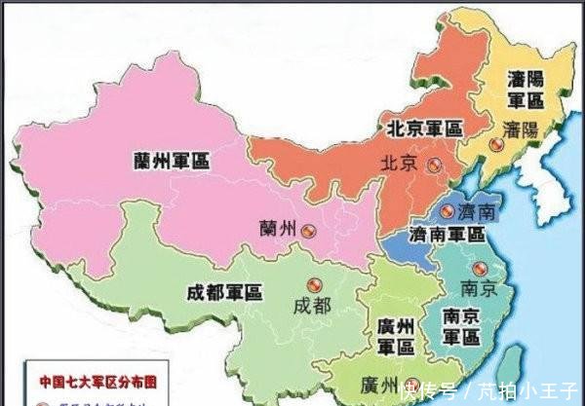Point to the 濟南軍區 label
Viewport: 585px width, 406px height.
(x=447, y=235)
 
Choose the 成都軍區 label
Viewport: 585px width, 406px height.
(x=224, y=289)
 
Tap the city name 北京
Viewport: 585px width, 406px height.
(x=400, y=163)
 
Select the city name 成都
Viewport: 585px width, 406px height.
(x=311, y=305)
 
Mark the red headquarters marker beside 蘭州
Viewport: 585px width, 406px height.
(x=308, y=231)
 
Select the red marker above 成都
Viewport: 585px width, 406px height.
(x=313, y=281)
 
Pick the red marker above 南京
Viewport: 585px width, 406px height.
(x=478, y=268)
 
